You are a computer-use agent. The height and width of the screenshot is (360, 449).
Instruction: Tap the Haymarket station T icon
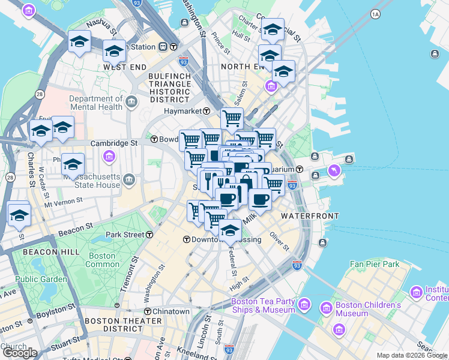(206, 111)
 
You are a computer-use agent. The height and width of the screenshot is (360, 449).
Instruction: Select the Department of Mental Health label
(95, 104)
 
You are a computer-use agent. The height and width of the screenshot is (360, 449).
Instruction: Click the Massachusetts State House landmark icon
(129, 180)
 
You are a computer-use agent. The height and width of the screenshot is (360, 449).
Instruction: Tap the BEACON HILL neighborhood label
(50, 253)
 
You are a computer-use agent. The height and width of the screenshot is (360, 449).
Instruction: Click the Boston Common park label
(103, 260)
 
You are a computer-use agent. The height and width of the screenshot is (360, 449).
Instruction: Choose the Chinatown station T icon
(148, 311)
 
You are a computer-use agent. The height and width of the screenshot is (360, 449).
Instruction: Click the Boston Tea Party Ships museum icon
(304, 305)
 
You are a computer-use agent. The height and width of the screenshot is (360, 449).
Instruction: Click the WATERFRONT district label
(310, 215)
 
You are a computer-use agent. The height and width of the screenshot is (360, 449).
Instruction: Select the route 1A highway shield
(376, 13)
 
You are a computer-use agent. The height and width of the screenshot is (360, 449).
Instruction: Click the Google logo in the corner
(20, 353)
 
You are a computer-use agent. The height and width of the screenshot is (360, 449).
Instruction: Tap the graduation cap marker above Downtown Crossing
(230, 229)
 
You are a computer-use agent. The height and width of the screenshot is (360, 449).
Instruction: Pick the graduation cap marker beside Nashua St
(79, 42)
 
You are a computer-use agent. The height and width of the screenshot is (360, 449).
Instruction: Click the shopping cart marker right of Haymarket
(232, 118)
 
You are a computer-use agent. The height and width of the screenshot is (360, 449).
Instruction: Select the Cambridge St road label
(114, 143)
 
